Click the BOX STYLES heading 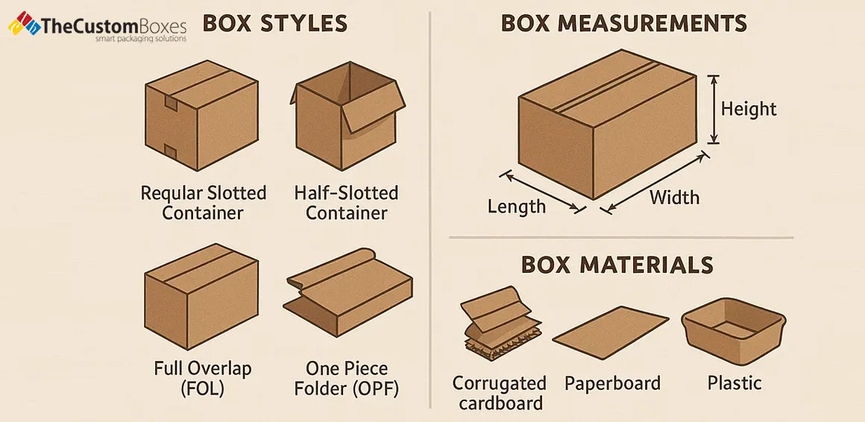(x=274, y=23)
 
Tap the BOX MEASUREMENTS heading (x=623, y=23)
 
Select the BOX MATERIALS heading (x=617, y=265)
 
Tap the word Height (x=749, y=109)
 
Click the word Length (x=517, y=206)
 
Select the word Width (x=674, y=198)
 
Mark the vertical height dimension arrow (x=714, y=109)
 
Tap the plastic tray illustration (x=733, y=333)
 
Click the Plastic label (x=734, y=383)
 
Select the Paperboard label (x=612, y=383)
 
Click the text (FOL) (x=203, y=388)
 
